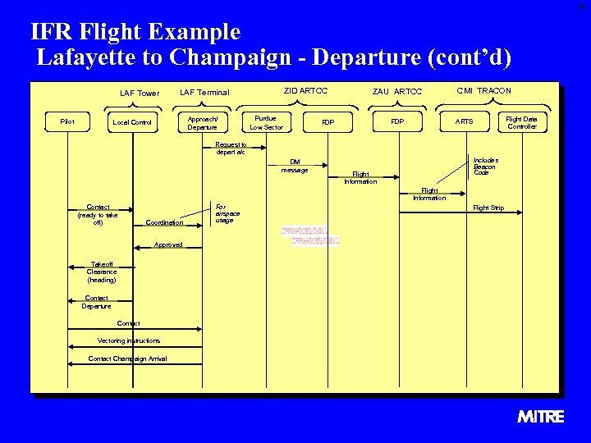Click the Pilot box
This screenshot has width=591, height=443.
click(67, 122)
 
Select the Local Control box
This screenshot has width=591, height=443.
click(132, 122)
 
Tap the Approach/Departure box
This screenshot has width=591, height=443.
click(202, 122)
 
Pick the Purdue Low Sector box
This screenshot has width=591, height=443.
click(266, 122)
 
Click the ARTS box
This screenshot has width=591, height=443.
click(464, 122)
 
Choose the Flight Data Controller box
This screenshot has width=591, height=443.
click(521, 122)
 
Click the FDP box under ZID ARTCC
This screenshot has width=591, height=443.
click(328, 122)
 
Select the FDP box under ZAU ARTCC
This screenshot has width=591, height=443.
click(396, 122)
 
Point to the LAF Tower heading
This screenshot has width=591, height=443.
click(140, 93)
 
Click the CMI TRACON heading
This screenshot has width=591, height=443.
click(483, 90)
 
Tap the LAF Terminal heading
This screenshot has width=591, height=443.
click(204, 93)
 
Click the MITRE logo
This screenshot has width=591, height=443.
click(541, 417)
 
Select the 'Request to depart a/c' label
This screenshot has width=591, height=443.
click(231, 148)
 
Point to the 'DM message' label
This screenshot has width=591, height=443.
click(294, 166)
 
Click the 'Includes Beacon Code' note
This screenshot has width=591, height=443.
click(485, 166)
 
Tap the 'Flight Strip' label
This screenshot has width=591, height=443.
click(488, 208)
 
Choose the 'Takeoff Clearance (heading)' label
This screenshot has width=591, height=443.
click(102, 272)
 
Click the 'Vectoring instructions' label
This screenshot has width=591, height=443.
click(129, 340)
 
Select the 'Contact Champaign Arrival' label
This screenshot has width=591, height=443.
click(127, 359)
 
